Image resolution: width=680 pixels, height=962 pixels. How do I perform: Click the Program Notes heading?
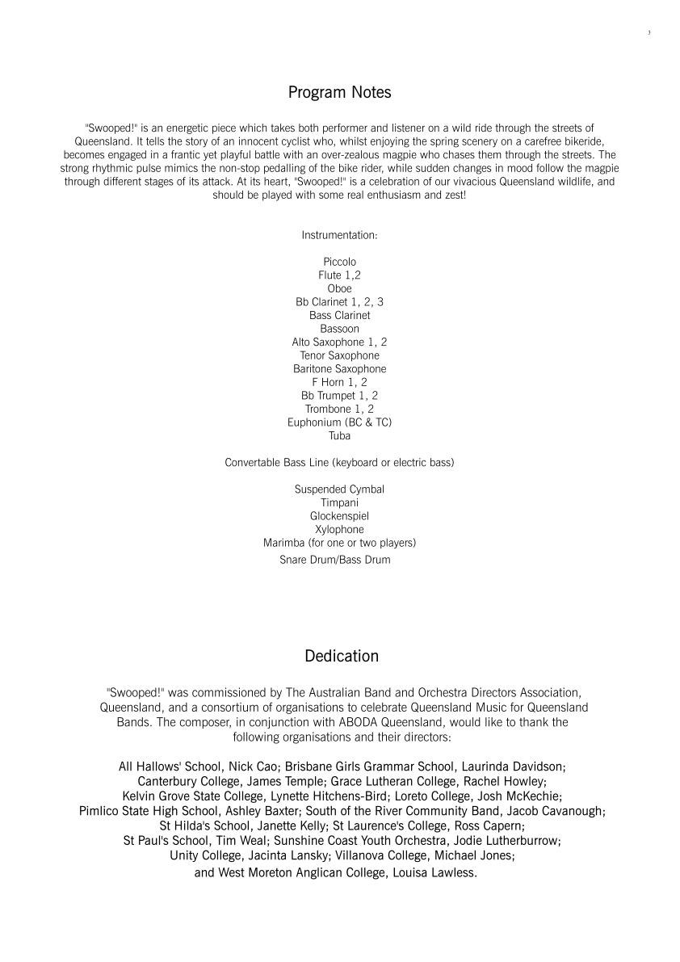(x=339, y=93)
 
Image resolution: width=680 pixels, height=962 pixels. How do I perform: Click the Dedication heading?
(x=341, y=656)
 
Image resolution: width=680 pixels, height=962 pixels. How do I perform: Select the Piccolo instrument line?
(x=339, y=262)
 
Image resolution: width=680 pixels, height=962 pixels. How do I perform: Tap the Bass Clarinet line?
(x=339, y=315)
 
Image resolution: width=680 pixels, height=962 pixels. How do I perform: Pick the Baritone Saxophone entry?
(x=339, y=368)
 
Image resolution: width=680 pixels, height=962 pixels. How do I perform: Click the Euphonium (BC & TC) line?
(x=339, y=422)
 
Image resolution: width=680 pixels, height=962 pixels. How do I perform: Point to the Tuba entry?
(x=339, y=435)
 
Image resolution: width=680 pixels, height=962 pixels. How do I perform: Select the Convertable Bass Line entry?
(x=339, y=462)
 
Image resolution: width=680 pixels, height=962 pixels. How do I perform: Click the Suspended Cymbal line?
(x=339, y=489)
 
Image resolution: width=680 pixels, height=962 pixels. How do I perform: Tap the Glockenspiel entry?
(x=339, y=515)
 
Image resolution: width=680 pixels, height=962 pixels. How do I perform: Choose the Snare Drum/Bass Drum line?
(x=334, y=559)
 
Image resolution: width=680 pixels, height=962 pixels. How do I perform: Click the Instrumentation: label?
(x=339, y=235)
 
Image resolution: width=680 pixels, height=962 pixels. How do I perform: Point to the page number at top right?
(x=649, y=32)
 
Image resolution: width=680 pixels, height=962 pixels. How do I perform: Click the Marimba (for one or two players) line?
(x=339, y=542)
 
